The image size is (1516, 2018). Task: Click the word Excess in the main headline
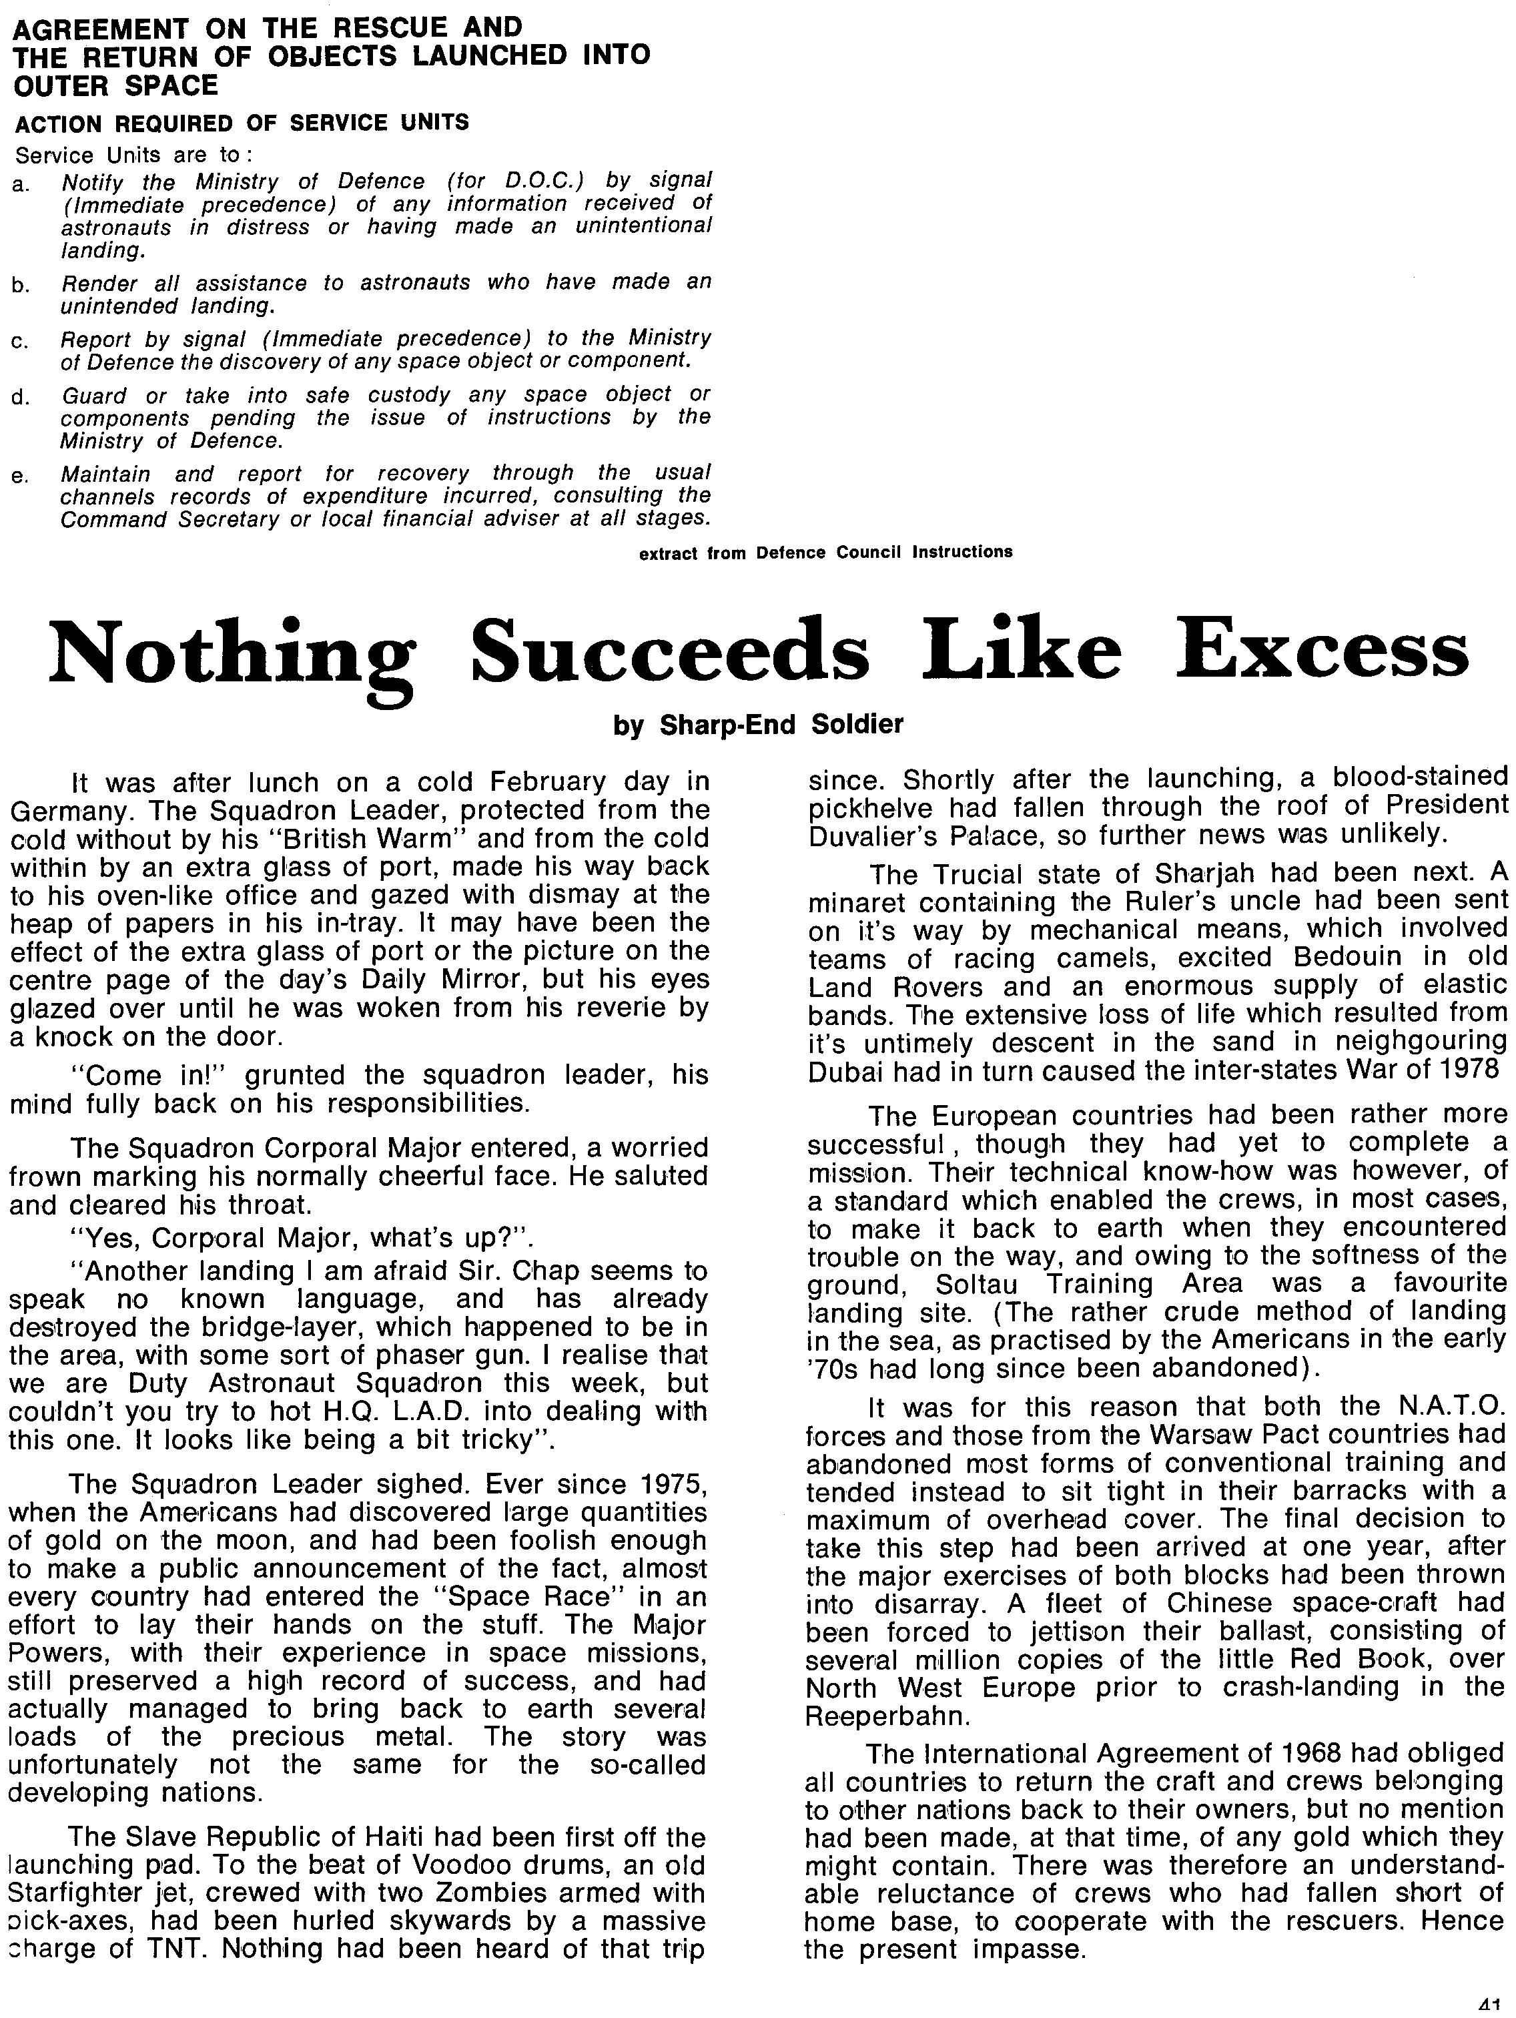(x=1322, y=649)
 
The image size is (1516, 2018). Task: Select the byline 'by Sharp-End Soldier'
(x=758, y=724)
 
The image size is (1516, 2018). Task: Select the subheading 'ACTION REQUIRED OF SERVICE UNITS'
(x=242, y=122)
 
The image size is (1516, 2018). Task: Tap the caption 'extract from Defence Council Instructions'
(x=825, y=552)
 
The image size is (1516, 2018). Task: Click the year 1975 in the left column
(x=671, y=1484)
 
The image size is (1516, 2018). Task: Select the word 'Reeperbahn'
(x=885, y=1715)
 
